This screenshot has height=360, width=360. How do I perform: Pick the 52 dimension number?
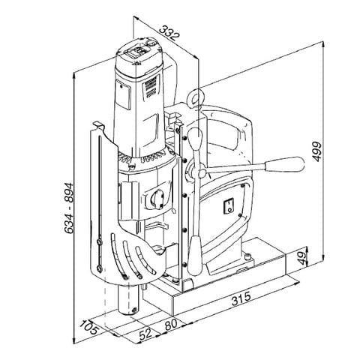click(145, 331)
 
